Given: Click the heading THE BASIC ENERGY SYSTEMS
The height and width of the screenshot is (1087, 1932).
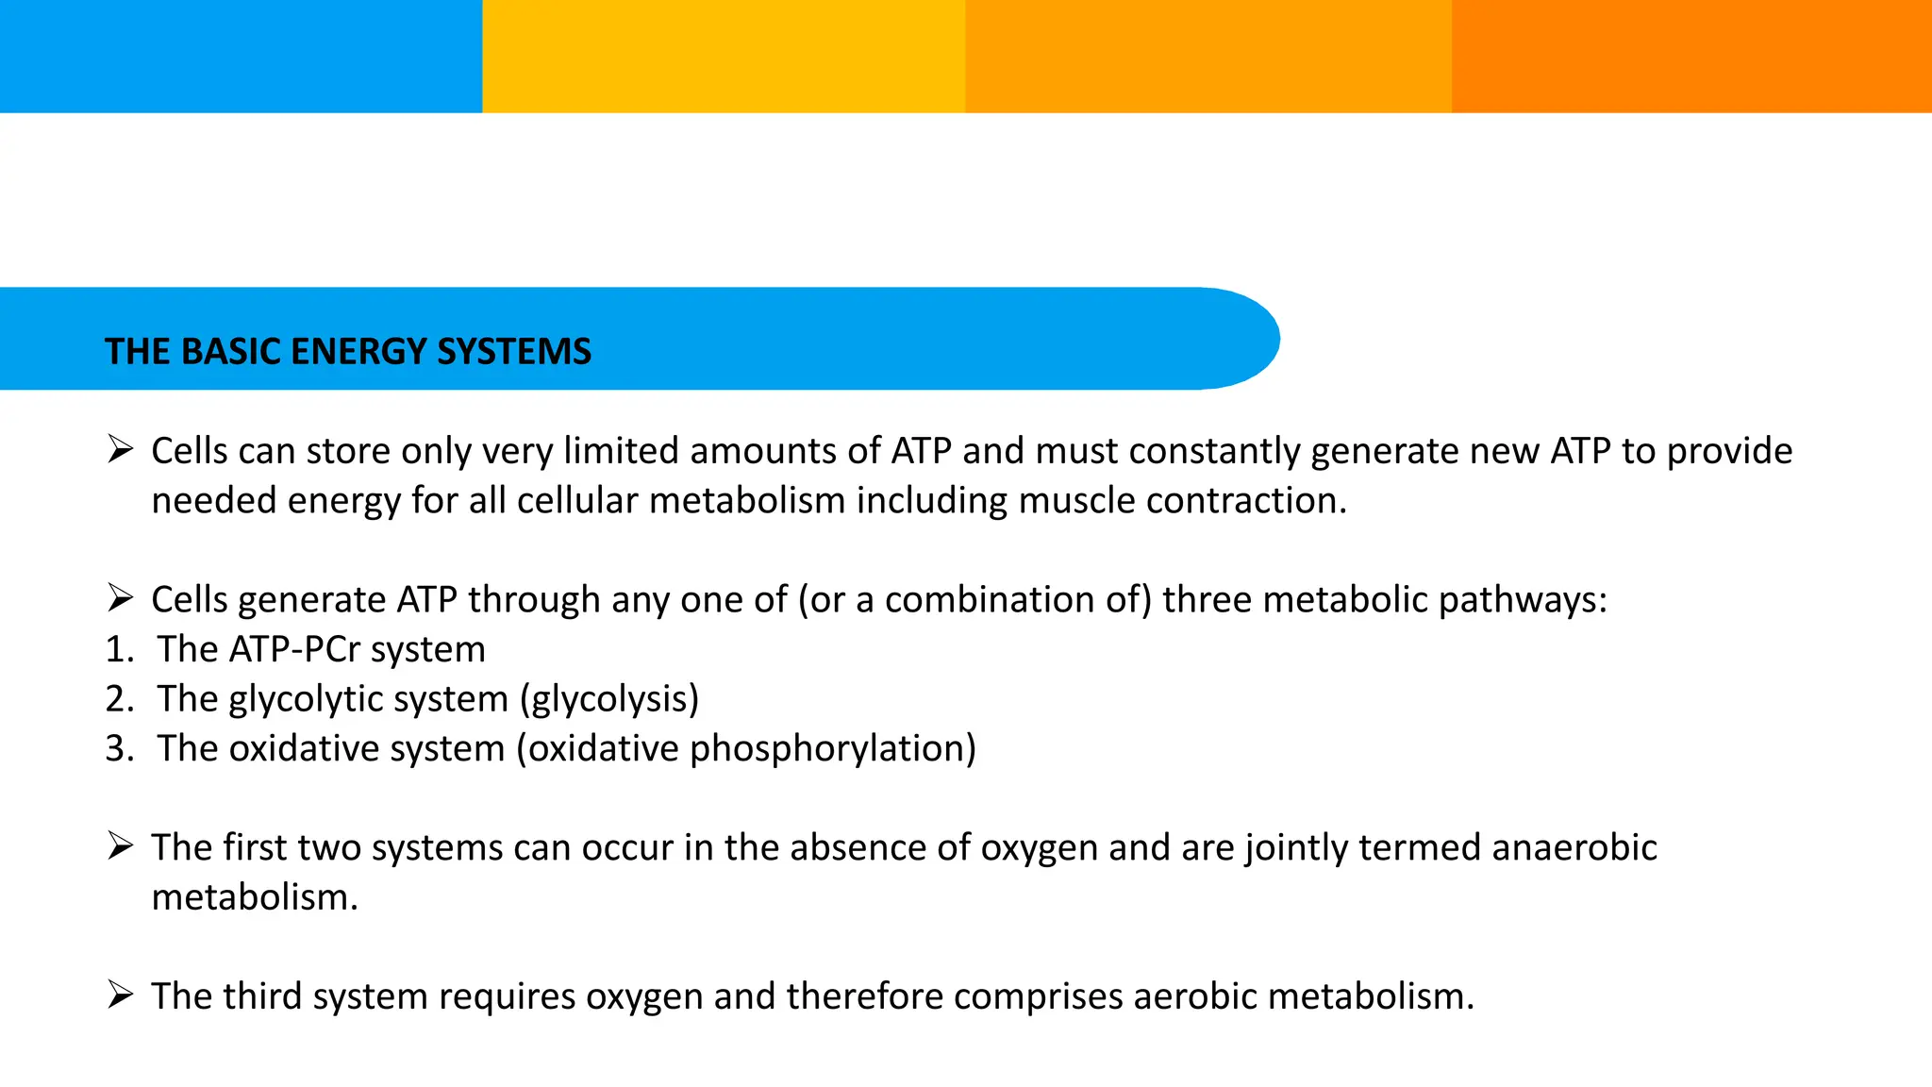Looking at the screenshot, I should pyautogui.click(x=348, y=352).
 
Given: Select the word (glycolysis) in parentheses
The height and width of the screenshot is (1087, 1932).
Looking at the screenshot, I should pyautogui.click(x=609, y=699).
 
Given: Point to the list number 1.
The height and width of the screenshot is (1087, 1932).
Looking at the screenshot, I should pyautogui.click(x=119, y=649).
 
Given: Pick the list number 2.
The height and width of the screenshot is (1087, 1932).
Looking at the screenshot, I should pyautogui.click(x=119, y=699).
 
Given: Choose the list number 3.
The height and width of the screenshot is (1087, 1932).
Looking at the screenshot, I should pyautogui.click(x=119, y=748).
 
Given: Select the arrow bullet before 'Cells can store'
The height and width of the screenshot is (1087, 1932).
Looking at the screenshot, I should pyautogui.click(x=120, y=449).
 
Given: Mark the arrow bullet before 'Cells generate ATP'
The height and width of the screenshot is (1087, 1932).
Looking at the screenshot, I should pyautogui.click(x=120, y=597).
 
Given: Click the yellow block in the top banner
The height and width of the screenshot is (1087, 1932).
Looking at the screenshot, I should pyautogui.click(x=724, y=56).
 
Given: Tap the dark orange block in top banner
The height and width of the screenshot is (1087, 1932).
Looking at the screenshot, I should pyautogui.click(x=1690, y=56).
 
